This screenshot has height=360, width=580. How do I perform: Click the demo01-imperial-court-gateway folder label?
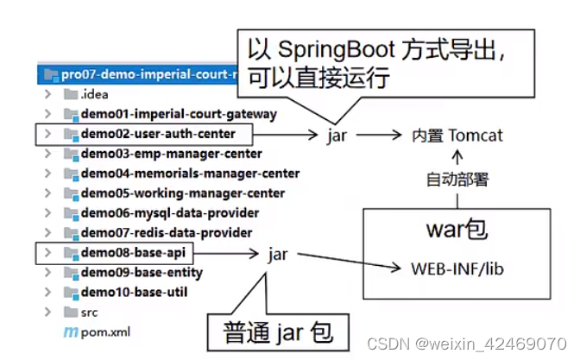click(x=179, y=114)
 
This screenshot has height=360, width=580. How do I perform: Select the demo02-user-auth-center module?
click(x=156, y=134)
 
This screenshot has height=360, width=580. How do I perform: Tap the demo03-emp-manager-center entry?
click(x=171, y=154)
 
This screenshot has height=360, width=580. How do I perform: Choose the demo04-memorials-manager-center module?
click(x=190, y=174)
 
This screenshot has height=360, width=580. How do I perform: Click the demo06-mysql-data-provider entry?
click(x=169, y=212)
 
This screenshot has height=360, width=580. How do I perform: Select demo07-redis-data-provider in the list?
click(x=166, y=232)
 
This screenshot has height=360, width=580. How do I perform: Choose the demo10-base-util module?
click(x=134, y=292)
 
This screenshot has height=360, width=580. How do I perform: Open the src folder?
click(x=90, y=311)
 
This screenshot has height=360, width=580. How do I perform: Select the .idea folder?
click(x=95, y=94)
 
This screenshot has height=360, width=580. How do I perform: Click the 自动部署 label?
click(x=457, y=180)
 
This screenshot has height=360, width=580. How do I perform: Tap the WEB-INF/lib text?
click(x=457, y=269)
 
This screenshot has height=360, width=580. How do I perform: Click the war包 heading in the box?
click(x=457, y=231)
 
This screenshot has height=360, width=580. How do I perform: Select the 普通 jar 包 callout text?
click(x=275, y=332)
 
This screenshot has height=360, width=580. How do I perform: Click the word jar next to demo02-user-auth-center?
click(x=337, y=136)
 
